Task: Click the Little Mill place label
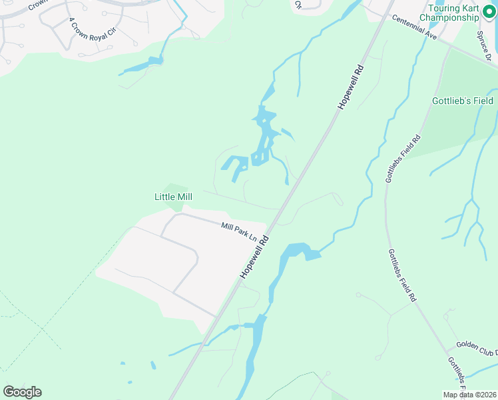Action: [x=173, y=197]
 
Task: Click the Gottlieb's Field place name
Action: [x=461, y=101]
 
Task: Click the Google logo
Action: [x=22, y=392]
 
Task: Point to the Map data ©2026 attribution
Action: [x=469, y=395]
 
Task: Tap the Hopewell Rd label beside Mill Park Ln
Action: [x=254, y=257]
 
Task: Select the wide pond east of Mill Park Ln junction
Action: [x=298, y=251]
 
